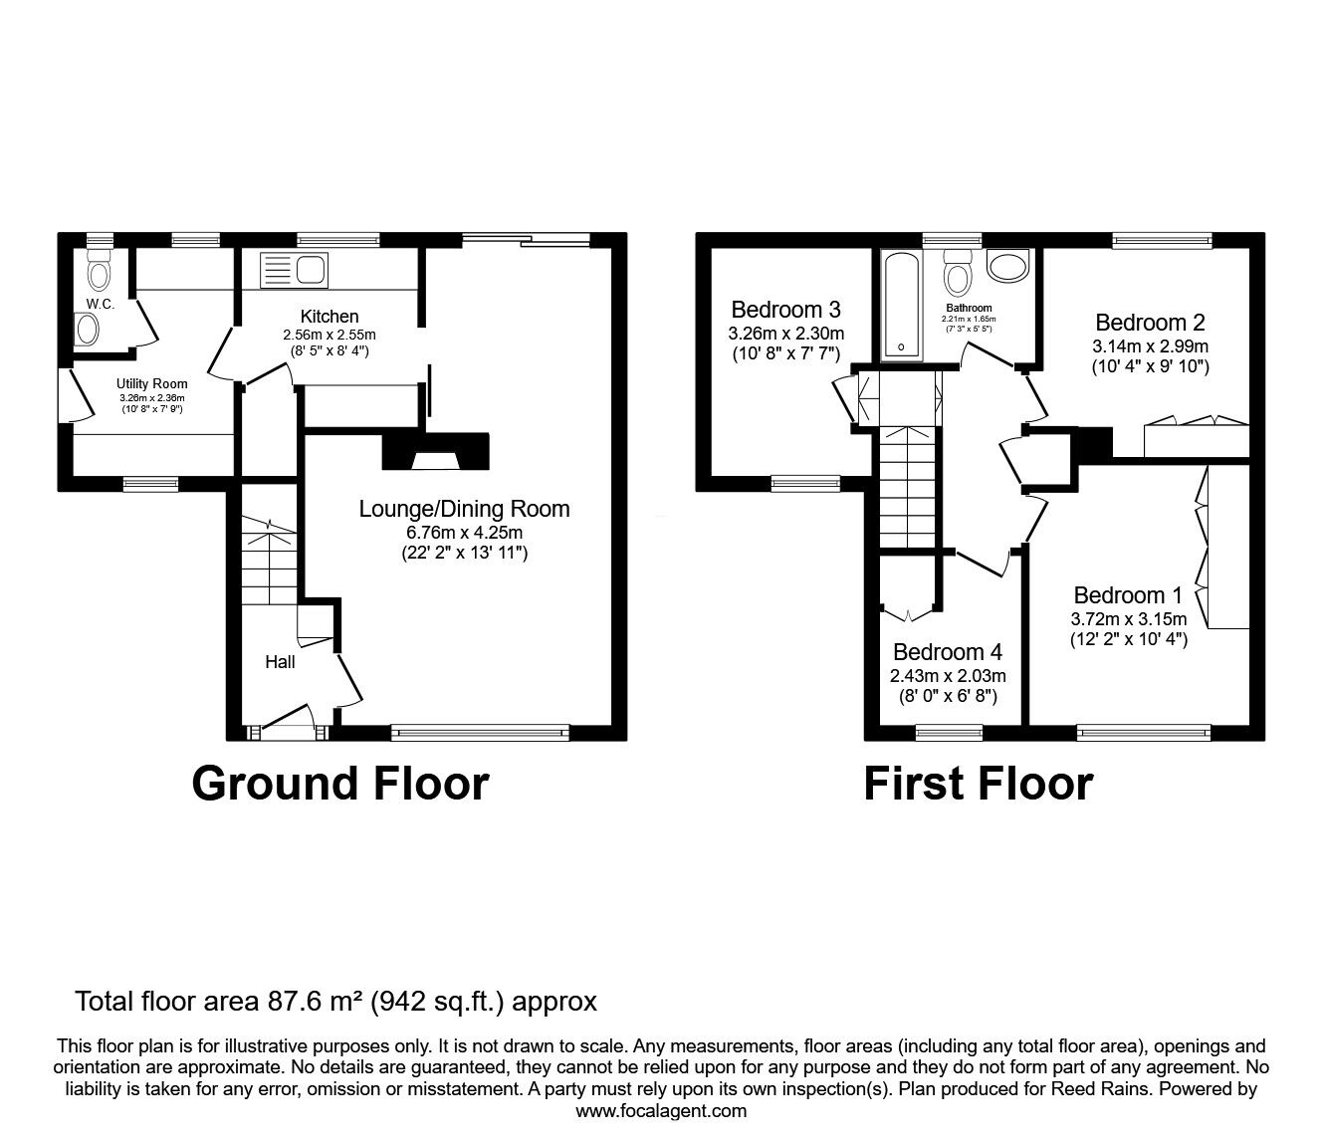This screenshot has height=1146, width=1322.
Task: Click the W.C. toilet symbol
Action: point(99,269)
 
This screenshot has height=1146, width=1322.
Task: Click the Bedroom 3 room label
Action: point(785,308)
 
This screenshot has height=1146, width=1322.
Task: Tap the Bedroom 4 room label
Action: point(947,652)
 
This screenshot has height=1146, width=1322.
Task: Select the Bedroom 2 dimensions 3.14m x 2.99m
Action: point(1150,346)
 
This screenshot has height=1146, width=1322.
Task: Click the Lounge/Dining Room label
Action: point(464,509)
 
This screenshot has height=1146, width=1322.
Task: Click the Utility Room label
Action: point(151,383)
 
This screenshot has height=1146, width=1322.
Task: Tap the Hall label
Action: point(280,661)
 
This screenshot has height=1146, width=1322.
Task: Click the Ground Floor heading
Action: point(339,783)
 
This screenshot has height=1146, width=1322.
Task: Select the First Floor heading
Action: point(978,783)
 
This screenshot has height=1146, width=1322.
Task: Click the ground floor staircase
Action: point(269,563)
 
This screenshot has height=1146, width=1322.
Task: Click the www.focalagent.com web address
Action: point(661,1111)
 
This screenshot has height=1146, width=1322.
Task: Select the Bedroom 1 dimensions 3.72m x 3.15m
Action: point(1128,618)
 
